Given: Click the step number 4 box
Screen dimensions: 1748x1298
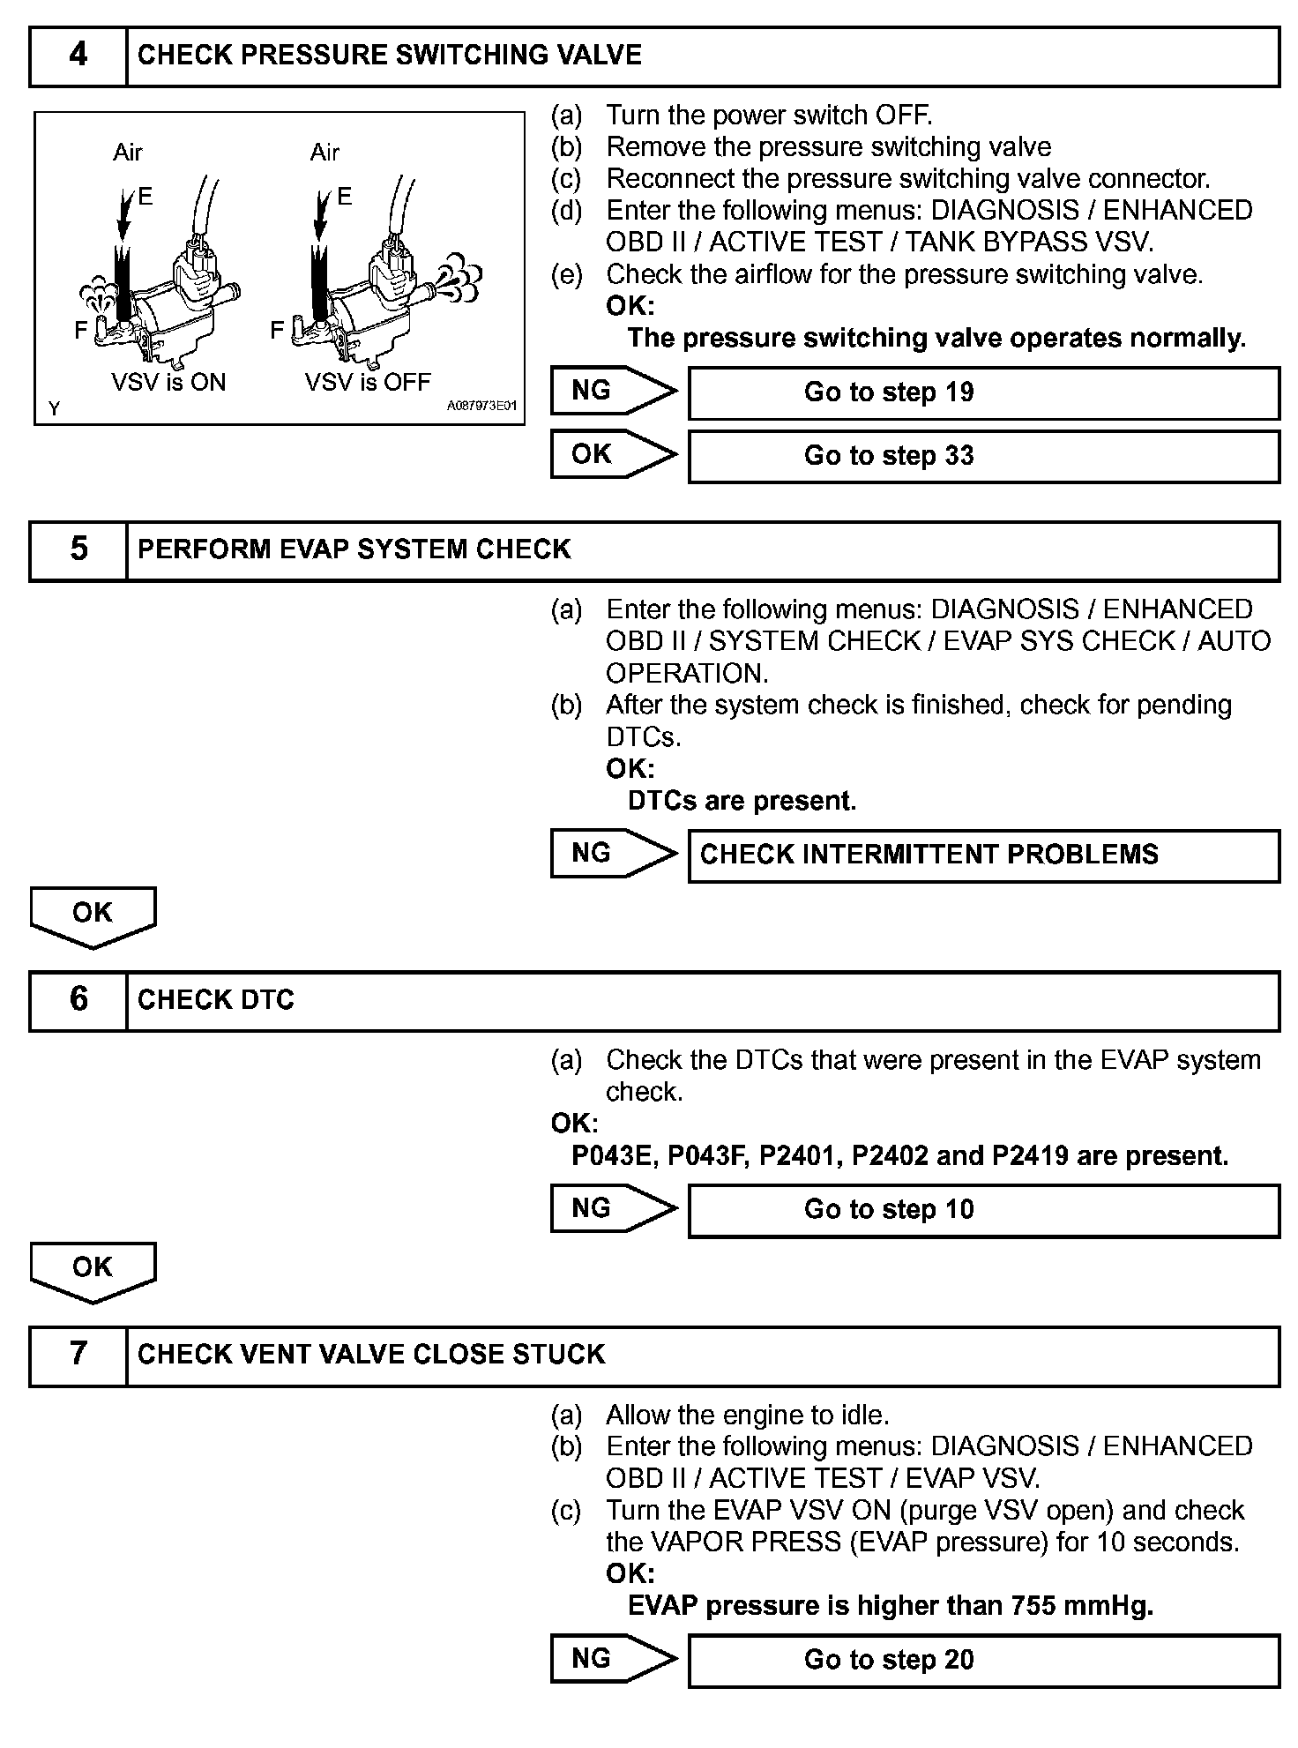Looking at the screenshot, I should (78, 56).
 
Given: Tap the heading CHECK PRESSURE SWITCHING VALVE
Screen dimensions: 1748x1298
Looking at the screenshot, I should (390, 56).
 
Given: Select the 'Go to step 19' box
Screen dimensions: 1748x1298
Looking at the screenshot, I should (982, 392).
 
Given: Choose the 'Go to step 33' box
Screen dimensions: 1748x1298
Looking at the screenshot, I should (982, 456).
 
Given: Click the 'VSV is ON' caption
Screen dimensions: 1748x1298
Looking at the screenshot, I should (168, 383).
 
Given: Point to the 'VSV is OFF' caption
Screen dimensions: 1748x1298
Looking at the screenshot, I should (368, 383).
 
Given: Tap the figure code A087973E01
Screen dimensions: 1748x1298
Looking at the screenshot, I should (481, 407).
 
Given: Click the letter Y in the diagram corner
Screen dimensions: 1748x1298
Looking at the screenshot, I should (55, 408).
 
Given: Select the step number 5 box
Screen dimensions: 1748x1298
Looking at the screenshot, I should (78, 549).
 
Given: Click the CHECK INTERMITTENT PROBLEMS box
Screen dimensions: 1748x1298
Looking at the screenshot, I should (982, 855).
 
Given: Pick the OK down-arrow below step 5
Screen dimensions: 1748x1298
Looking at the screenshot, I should (93, 915).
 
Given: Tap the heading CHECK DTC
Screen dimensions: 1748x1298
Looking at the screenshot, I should (216, 1000).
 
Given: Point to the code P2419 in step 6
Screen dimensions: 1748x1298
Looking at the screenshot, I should (1030, 1155).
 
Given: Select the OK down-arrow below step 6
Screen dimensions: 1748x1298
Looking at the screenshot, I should (93, 1270).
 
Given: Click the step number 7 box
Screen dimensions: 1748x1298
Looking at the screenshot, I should (78, 1354).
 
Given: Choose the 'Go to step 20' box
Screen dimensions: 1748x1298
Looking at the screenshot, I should (982, 1660).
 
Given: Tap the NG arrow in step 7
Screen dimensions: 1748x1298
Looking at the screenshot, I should (611, 1659).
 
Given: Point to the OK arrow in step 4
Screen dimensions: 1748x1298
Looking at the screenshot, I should (611, 454).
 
